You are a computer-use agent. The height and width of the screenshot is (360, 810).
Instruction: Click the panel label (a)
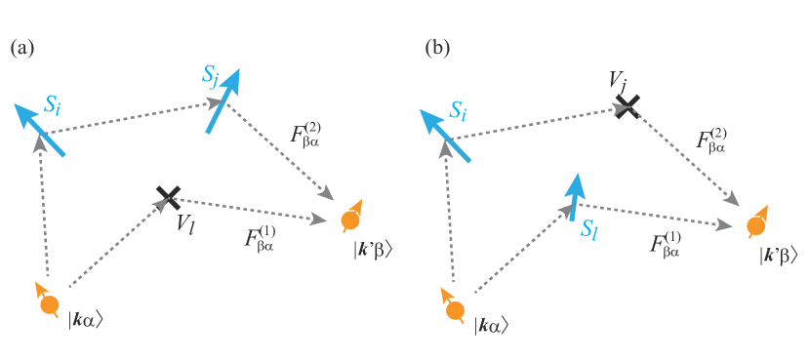(22, 48)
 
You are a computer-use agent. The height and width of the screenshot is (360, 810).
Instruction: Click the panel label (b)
(437, 48)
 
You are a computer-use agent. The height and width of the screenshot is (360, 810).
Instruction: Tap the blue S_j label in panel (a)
(211, 75)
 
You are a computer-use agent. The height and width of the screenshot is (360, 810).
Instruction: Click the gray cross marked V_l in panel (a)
(169, 197)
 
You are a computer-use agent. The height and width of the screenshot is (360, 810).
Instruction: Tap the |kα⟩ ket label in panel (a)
(86, 319)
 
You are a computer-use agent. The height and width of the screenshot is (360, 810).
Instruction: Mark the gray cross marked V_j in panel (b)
(626, 104)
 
